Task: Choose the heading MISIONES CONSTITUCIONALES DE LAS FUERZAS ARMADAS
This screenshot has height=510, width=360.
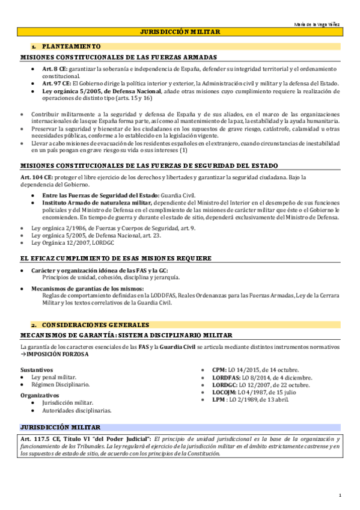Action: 118,57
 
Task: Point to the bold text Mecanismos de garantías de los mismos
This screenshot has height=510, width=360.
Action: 93,289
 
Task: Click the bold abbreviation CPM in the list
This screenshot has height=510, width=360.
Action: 219,369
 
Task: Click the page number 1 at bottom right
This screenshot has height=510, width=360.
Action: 340,496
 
